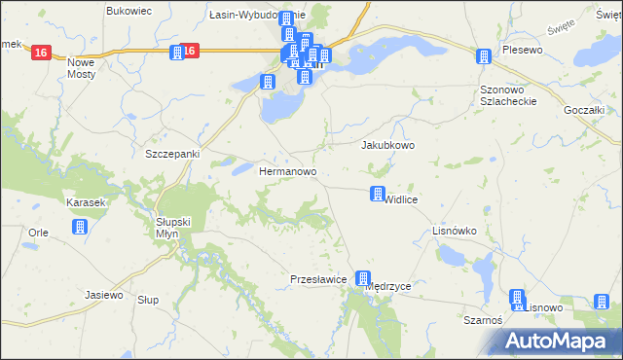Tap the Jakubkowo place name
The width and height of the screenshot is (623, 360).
pyautogui.click(x=388, y=145)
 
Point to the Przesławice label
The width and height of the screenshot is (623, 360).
pyautogui.click(x=319, y=279)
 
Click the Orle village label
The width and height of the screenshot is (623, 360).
pyautogui.click(x=39, y=233)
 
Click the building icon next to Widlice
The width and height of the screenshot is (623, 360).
pyautogui.click(x=377, y=195)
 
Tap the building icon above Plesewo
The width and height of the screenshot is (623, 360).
pyautogui.click(x=484, y=56)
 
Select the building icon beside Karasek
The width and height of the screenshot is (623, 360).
pyautogui.click(x=81, y=227)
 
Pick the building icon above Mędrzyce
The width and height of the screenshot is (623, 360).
pyautogui.click(x=363, y=279)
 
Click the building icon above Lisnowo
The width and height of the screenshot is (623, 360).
pyautogui.click(x=517, y=298)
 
